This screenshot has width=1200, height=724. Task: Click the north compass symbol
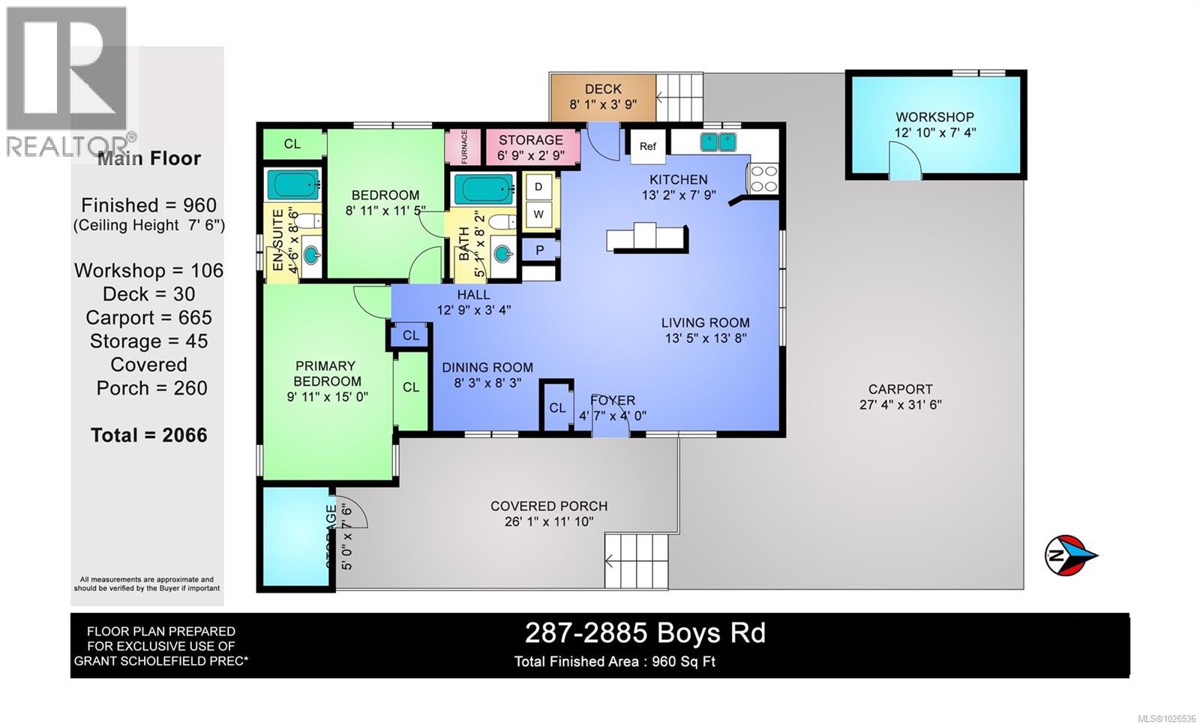pyautogui.click(x=1069, y=556)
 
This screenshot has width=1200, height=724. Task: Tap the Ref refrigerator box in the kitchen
pyautogui.click(x=647, y=146)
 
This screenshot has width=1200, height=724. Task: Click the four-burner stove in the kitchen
pyautogui.click(x=763, y=179)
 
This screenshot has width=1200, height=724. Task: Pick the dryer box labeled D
pyautogui.click(x=538, y=187)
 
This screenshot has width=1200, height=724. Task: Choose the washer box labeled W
pyautogui.click(x=538, y=214)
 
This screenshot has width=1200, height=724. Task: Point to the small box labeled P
pyautogui.click(x=539, y=250)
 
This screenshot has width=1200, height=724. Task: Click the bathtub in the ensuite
pyautogui.click(x=293, y=184)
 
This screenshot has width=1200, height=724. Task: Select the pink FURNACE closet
pyautogui.click(x=463, y=146)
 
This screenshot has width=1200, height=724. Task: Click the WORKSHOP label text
pyautogui.click(x=934, y=117)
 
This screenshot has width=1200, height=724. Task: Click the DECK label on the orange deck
pyautogui.click(x=603, y=89)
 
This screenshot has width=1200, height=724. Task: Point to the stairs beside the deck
pyautogui.click(x=680, y=96)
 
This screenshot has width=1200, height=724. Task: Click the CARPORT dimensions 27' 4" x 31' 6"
pyautogui.click(x=900, y=405)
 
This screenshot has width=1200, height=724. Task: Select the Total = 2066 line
pyautogui.click(x=148, y=435)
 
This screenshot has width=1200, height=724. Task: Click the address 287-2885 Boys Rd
pyautogui.click(x=645, y=633)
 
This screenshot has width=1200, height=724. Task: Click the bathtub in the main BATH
pyautogui.click(x=484, y=188)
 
